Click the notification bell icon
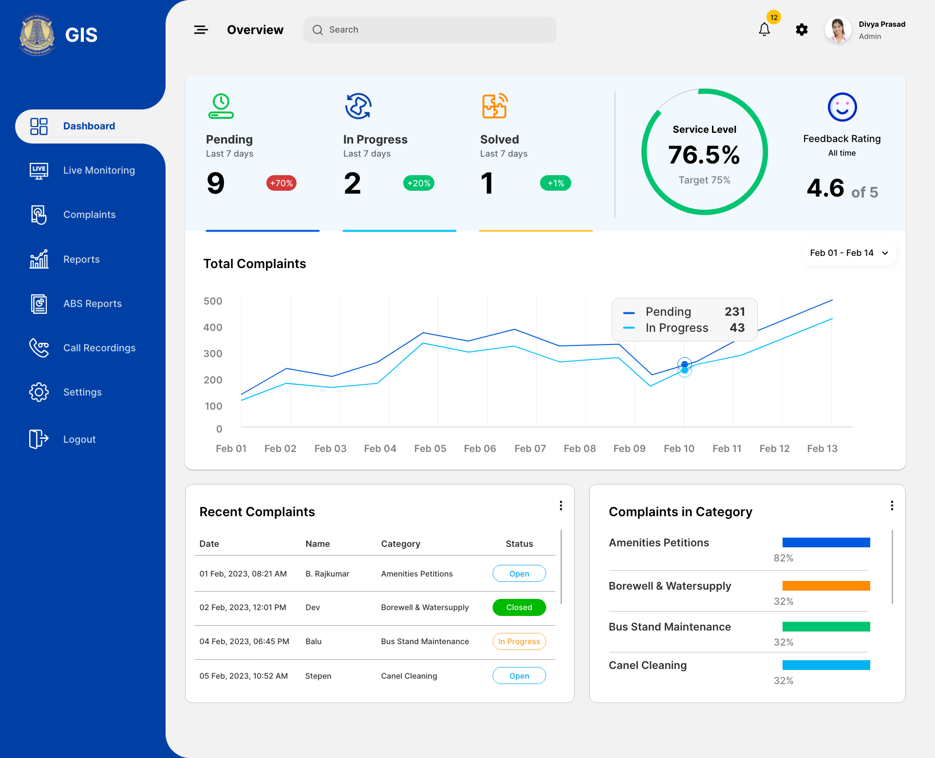point(764,30)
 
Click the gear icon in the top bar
point(802,30)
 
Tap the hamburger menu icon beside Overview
point(201,30)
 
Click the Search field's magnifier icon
point(318,30)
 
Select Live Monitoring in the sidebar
point(99,170)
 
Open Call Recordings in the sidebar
point(99,348)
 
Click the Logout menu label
point(79,439)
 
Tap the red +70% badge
point(281,183)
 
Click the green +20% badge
point(419,183)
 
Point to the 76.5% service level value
point(704,155)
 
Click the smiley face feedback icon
point(842,107)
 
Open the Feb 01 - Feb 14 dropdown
point(849,253)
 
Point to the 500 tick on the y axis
point(213,301)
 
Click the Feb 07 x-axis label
point(530,449)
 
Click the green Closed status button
point(519,607)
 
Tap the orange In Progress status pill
point(519,641)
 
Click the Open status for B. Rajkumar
point(519,574)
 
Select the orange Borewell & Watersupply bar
point(826,586)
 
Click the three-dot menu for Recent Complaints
point(561,505)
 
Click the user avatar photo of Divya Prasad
point(838,30)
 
